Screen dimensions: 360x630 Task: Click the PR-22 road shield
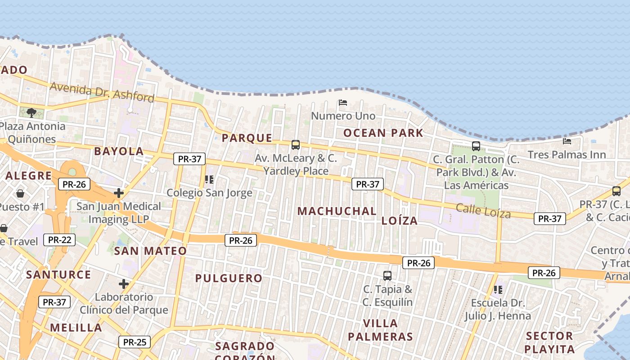point(59,240)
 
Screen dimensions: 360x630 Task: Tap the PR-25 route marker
point(135,342)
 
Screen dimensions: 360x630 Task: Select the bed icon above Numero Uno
point(343,103)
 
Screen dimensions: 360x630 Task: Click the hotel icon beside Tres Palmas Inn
point(567,141)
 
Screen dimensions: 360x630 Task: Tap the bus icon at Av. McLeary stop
point(296,145)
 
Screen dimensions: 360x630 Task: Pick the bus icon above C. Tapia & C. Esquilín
point(387,275)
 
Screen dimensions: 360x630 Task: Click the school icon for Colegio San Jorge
point(209,180)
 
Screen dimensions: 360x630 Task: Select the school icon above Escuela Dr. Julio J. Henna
point(498,290)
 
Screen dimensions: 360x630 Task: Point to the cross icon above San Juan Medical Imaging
point(119,193)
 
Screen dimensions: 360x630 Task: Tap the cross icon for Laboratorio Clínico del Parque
point(124,284)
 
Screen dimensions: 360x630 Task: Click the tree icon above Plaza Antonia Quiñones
point(31,112)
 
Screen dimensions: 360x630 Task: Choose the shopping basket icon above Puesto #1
point(20,193)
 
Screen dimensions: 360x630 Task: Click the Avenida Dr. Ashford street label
point(102,92)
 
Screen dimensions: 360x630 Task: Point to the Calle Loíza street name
point(483,211)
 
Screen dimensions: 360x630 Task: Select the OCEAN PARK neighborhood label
point(383,133)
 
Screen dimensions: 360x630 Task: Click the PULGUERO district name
point(229,278)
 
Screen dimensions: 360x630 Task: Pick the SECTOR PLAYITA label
point(549,342)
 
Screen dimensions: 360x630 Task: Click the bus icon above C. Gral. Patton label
point(476,146)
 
